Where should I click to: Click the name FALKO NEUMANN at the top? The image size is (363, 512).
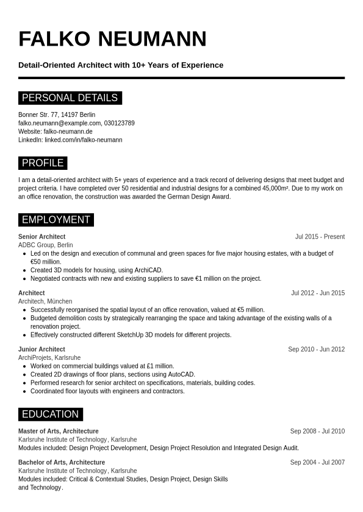coord(112,39)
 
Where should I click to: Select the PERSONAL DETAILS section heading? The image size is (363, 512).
coord(70,98)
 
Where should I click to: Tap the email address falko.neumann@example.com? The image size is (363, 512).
coord(59,123)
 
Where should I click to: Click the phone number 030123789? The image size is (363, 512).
coord(120,123)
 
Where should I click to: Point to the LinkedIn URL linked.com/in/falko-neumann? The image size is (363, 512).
coord(84,140)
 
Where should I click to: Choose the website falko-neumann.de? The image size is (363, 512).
coord(68,132)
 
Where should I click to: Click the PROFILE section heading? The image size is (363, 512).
coord(43,163)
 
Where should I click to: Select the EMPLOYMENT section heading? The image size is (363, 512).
coord(56,220)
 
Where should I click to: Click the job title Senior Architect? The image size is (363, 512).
coord(41,237)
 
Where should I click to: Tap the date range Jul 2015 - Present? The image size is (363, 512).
coord(320,237)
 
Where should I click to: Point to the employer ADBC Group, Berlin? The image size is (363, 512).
coord(46,245)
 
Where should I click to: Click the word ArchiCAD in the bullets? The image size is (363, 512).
coord(149,270)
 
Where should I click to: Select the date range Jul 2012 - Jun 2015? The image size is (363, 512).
coord(318,293)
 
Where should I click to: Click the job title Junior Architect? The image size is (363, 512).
coord(41,349)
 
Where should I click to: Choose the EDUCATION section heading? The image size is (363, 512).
coord(50,415)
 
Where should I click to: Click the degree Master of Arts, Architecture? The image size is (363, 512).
coord(59,432)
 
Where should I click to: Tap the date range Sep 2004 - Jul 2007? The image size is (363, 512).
coord(317,463)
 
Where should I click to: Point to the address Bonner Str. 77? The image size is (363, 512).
coord(38,114)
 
